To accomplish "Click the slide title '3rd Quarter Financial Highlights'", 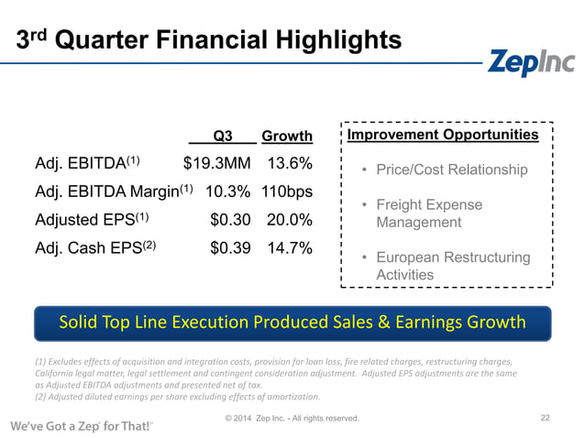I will pyautogui.click(x=210, y=40).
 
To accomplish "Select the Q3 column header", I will pyautogui.click(x=222, y=137).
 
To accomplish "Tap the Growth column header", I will pyautogui.click(x=287, y=137).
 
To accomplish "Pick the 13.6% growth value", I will pyautogui.click(x=290, y=164).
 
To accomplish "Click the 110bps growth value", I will pyautogui.click(x=284, y=192).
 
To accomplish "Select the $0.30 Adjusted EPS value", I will pyautogui.click(x=230, y=221).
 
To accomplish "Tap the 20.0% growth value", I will pyautogui.click(x=290, y=221).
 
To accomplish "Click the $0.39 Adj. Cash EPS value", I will pyautogui.click(x=230, y=248).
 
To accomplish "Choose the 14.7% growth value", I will pyautogui.click(x=290, y=248).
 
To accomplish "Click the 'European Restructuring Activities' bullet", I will pyautogui.click(x=452, y=266).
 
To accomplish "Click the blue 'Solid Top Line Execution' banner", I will pyautogui.click(x=292, y=323).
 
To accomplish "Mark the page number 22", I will pyautogui.click(x=545, y=418).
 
